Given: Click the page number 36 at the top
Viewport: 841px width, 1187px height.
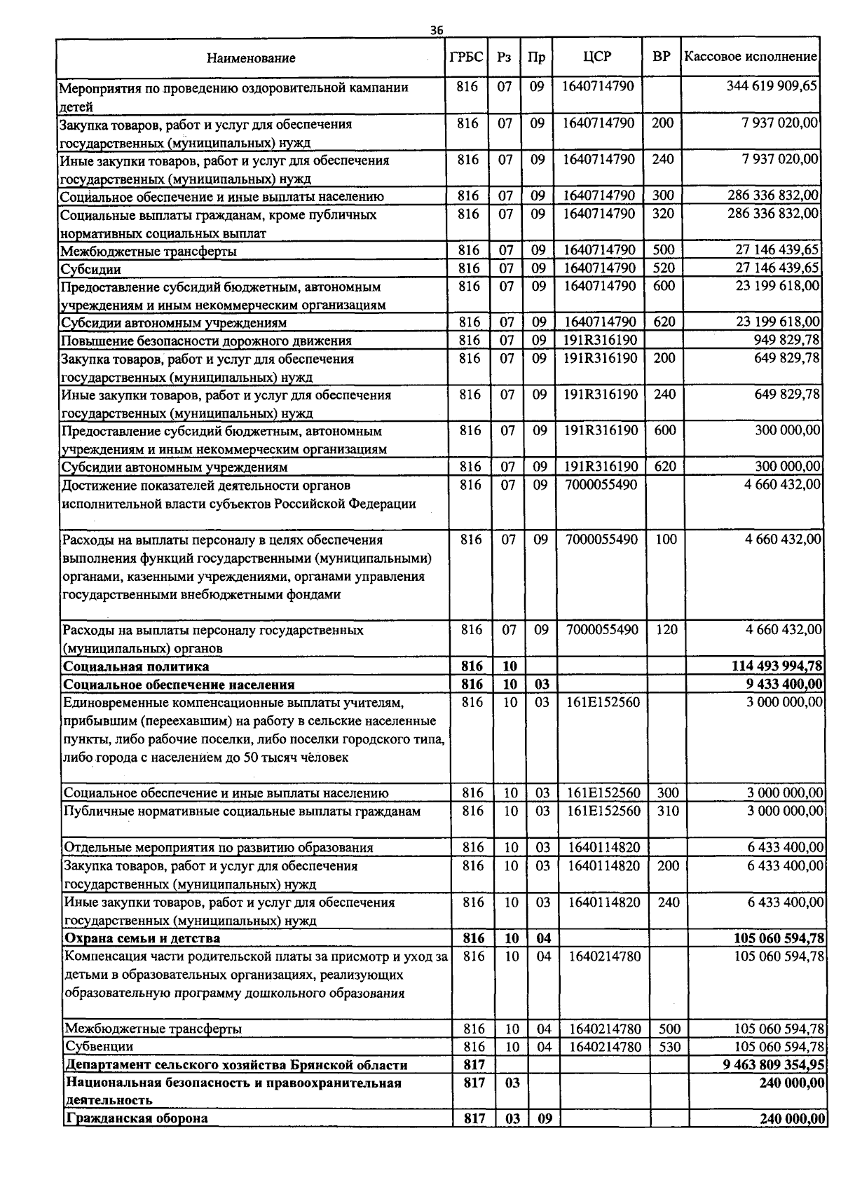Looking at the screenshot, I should coord(437,30).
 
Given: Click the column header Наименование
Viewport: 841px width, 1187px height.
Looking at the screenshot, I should coord(251,58).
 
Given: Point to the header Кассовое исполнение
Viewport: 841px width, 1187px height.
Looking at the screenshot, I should coord(751,57).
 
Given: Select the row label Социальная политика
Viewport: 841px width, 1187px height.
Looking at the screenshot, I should coord(136,666).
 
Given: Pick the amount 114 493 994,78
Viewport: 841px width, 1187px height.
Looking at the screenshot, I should coord(777,666).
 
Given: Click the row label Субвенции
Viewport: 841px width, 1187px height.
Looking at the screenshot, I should coord(99,1046).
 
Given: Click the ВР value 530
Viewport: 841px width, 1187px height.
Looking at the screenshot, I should coord(669,1046).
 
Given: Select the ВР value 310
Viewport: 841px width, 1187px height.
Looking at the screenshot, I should coord(668,811).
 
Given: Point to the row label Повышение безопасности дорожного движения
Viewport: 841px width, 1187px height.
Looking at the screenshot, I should coord(206,341).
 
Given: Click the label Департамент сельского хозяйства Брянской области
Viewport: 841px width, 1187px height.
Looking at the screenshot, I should coord(235,1064).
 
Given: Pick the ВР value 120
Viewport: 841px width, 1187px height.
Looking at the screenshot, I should coord(666,629).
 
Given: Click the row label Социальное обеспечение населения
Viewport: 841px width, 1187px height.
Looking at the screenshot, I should coord(179,684).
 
